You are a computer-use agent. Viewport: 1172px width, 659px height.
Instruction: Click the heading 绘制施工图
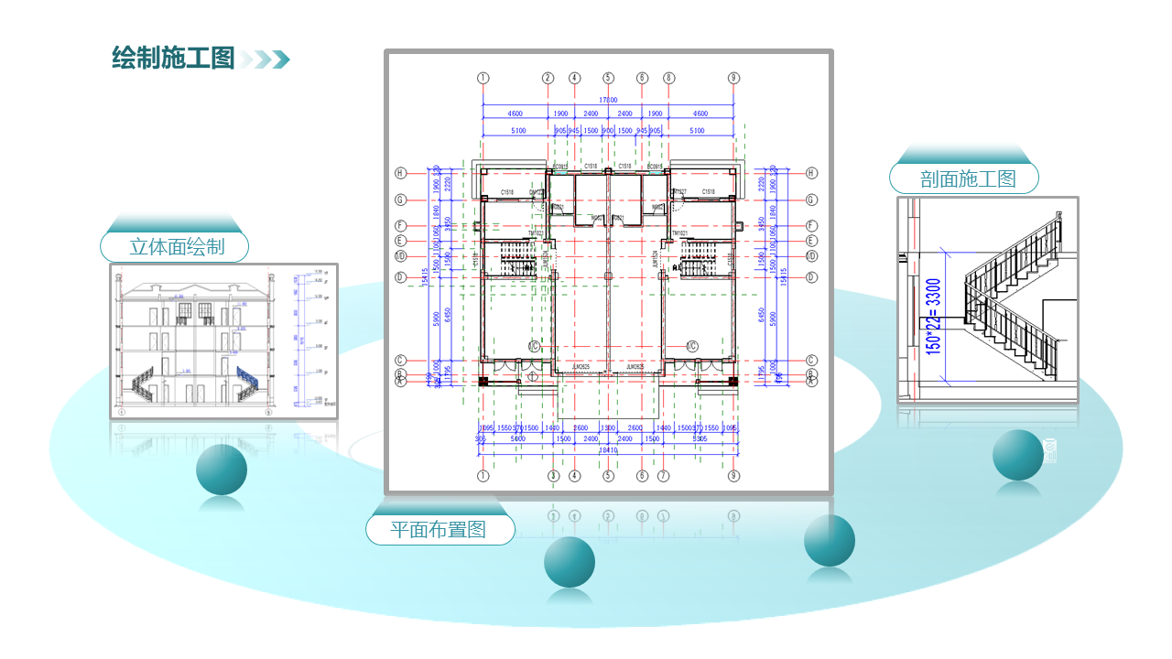coord(173,59)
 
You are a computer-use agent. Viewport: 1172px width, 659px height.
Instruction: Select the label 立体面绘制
coord(176,246)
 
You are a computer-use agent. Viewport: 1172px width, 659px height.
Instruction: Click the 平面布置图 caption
coord(439,529)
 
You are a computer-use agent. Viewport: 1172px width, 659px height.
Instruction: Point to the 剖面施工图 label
coord(968,178)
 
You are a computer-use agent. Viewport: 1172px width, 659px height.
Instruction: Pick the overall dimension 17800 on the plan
coord(608,100)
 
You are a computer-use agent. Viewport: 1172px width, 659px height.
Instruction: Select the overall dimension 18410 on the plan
coord(608,449)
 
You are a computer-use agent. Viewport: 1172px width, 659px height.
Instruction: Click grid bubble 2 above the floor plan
coord(548,78)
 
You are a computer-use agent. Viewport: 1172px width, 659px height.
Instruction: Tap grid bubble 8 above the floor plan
coord(669,78)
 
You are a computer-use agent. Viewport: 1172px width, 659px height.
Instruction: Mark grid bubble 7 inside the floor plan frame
coord(664,476)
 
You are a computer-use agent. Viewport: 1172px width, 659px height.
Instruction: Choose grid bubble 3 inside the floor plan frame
coord(553,476)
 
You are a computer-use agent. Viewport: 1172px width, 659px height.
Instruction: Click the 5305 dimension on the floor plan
coord(700,438)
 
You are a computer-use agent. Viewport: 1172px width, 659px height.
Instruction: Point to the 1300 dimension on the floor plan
coord(607,427)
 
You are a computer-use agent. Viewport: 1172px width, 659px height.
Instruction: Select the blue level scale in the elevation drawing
coord(303,339)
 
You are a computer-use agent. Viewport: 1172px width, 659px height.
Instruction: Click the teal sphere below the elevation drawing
coord(222,469)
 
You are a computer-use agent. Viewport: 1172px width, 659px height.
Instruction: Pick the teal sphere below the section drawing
coord(1018,455)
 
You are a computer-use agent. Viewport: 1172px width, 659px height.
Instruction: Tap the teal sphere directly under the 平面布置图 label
coord(570,562)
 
